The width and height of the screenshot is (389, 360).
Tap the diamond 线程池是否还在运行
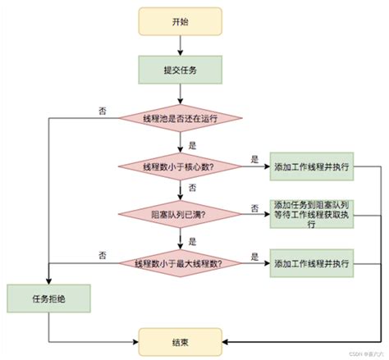coord(180,117)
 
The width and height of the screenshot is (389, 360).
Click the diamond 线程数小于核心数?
coord(180,167)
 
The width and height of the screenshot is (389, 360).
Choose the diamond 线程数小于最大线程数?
coord(180,264)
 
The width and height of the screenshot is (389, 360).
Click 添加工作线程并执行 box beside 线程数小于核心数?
coord(312,167)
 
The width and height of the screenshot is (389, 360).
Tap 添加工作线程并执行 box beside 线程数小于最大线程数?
coord(312,264)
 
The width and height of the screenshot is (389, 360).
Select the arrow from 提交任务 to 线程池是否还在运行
coord(180,92)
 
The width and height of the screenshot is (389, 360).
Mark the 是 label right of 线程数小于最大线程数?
coord(255,255)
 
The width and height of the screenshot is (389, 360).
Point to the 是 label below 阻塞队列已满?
coord(192,240)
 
